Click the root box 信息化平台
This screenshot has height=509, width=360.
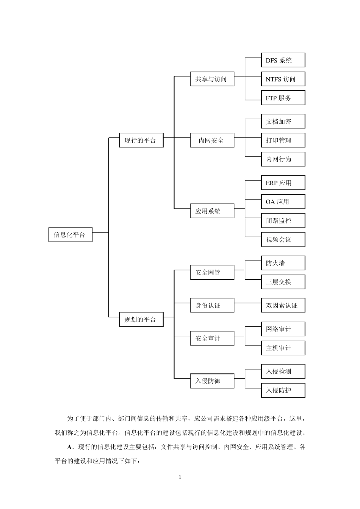point(70,234)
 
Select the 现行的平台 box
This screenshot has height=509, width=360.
point(141,140)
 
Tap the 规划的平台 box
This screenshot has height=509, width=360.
point(141,319)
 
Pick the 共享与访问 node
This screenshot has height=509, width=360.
point(212,79)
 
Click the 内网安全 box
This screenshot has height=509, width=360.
point(212,140)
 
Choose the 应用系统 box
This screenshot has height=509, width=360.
point(212,211)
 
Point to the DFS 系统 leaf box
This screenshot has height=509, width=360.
point(283,60)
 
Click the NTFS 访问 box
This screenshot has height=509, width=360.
point(283,79)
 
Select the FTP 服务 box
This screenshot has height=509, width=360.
point(283,98)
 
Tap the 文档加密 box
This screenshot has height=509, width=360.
point(283,122)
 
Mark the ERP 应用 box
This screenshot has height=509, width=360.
point(283,183)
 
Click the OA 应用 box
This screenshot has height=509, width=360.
point(283,201)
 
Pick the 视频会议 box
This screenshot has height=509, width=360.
point(283,239)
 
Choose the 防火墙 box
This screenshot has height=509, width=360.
point(283,263)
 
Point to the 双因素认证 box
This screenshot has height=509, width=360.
point(283,305)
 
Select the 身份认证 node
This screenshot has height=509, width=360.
point(212,305)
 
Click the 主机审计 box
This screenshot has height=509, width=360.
point(283,348)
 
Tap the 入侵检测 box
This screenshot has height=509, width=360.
point(283,371)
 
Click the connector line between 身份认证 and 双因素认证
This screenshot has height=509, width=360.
point(247,303)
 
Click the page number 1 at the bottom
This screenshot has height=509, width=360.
point(180,477)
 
